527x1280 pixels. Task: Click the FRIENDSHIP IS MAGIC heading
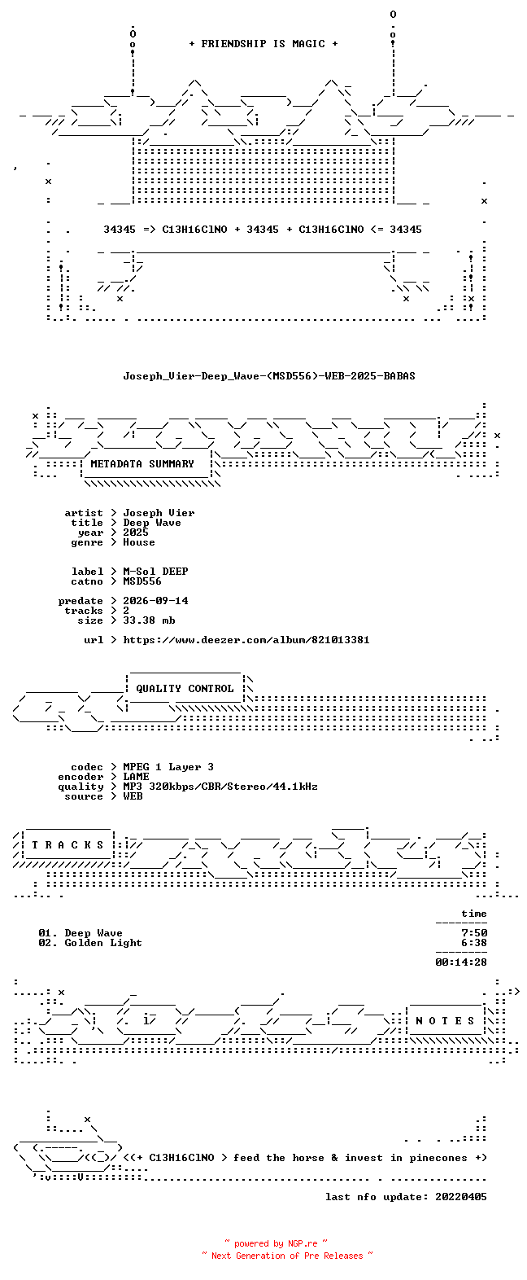point(263,43)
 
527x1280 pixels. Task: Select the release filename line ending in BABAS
point(269,376)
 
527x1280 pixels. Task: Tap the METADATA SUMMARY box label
point(142,464)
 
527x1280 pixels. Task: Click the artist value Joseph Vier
point(159,513)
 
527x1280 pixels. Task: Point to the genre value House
point(139,542)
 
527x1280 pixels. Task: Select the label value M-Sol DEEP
point(155,572)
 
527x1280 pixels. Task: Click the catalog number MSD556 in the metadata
point(142,581)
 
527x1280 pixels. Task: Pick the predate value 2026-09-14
point(155,601)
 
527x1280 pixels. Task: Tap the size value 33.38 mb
point(149,620)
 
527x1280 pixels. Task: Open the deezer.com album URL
point(246,640)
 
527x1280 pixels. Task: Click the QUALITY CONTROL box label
point(185,689)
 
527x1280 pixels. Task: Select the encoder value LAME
point(136,777)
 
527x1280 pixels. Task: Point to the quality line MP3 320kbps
point(220,787)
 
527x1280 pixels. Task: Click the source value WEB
point(133,796)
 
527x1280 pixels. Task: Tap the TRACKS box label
point(68,845)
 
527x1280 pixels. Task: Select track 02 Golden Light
point(90,943)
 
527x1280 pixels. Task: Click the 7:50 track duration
point(474,933)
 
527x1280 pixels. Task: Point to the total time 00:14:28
point(461,962)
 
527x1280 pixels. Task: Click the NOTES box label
point(445,1021)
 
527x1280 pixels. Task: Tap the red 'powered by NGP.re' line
point(277,1243)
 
